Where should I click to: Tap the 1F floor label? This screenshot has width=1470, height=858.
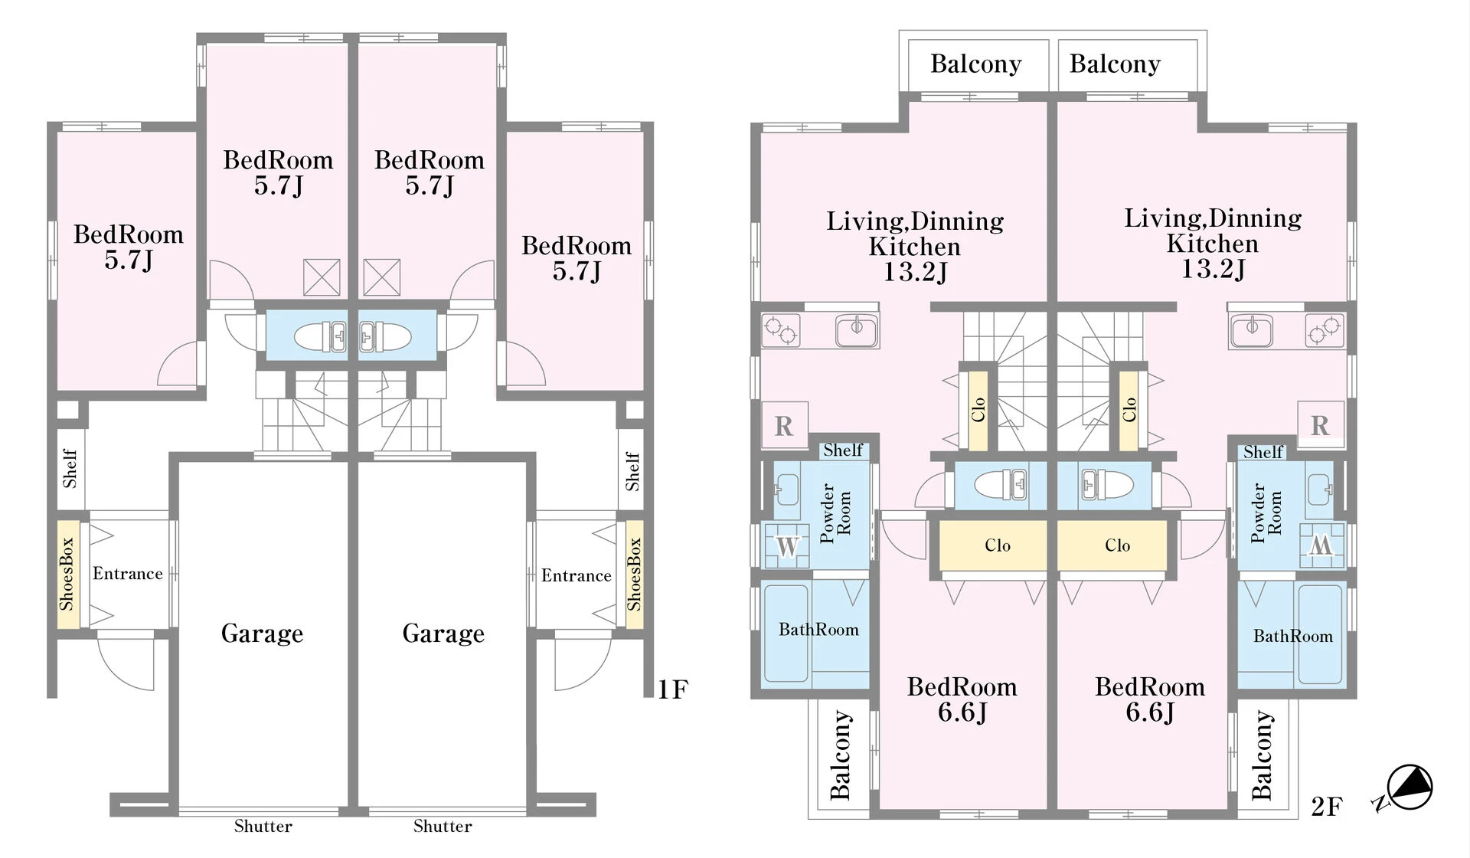[x=673, y=689]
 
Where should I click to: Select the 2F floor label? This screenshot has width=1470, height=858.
[x=1327, y=806]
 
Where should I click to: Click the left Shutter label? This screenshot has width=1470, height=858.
[x=263, y=826]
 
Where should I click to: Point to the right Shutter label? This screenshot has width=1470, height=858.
[x=443, y=826]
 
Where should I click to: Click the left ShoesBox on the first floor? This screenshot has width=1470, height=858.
[x=67, y=575]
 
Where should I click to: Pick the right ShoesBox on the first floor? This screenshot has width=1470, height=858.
[x=634, y=575]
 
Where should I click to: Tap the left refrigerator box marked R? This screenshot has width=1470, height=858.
[x=784, y=425]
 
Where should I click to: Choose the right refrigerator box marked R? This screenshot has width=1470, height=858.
[x=1321, y=424]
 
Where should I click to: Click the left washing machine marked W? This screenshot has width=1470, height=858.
[x=787, y=546]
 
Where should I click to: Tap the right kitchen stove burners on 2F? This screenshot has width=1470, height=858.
[x=1325, y=330]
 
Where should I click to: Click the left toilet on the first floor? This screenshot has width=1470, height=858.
[x=320, y=336]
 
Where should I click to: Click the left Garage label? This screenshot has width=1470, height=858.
[x=262, y=634]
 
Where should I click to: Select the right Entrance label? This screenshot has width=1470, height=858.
[x=576, y=575]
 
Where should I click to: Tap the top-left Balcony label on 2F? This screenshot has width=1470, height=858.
[x=976, y=64]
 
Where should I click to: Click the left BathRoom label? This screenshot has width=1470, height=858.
[x=818, y=630]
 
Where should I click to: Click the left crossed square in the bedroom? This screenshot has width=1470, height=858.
[x=322, y=277]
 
